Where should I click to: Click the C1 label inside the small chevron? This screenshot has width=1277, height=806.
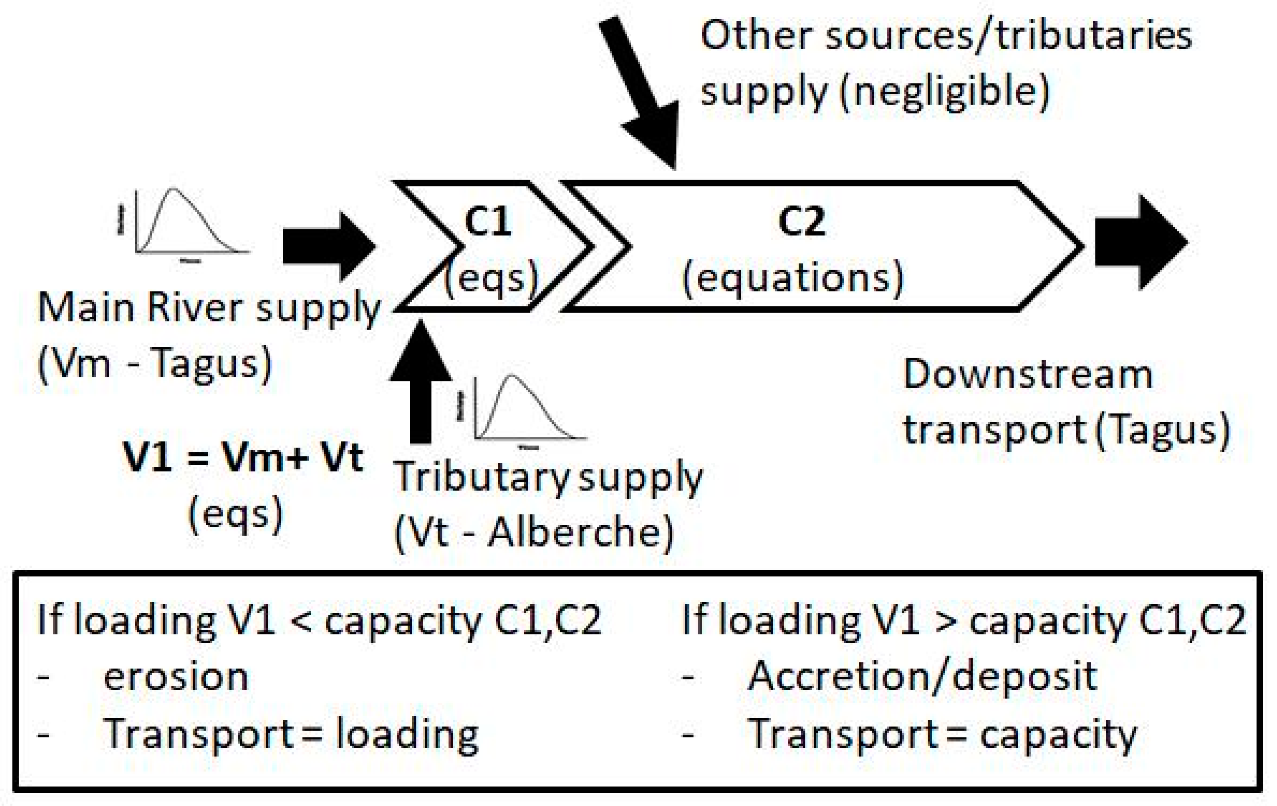click(x=487, y=222)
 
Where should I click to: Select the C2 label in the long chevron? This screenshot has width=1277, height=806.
click(x=801, y=222)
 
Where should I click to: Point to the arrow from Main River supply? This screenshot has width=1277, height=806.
click(x=329, y=246)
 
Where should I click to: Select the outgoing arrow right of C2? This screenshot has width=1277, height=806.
click(x=1140, y=243)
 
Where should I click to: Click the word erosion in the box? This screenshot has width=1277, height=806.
click(x=176, y=677)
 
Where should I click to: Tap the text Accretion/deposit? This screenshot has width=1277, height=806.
click(x=922, y=677)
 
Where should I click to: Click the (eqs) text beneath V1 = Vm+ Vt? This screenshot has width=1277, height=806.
click(x=235, y=514)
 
